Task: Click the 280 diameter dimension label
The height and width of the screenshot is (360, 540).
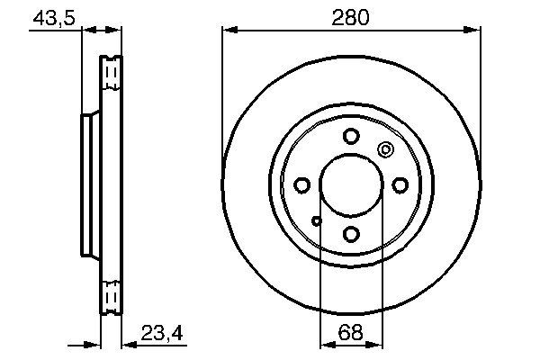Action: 350,15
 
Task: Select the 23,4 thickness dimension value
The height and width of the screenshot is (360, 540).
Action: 162,334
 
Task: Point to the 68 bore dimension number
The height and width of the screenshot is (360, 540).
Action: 350,334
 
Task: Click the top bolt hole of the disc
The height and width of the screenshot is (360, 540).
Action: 351,137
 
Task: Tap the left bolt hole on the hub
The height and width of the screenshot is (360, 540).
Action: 302,185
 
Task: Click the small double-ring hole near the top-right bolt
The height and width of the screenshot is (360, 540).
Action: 385,151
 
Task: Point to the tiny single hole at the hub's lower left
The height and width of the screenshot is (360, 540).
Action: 316,220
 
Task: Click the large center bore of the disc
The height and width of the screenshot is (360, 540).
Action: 351,185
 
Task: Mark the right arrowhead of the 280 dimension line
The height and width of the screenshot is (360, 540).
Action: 473,31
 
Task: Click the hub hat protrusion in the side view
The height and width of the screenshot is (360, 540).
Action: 88,184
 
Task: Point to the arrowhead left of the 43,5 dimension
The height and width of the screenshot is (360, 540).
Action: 76,31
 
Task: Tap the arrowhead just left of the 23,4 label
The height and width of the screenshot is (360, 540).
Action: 127,345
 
